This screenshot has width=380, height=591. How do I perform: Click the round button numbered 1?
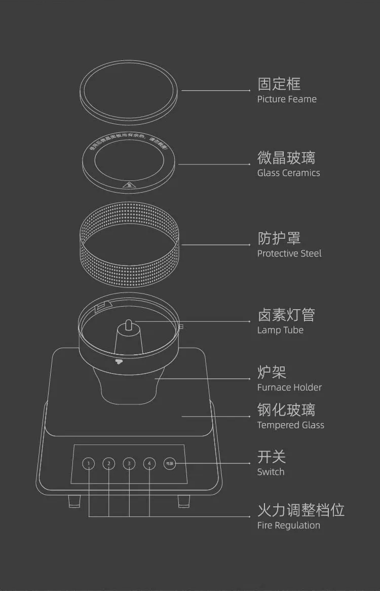(89, 463)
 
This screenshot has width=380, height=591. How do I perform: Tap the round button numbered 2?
(109, 463)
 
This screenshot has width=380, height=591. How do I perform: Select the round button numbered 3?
(129, 463)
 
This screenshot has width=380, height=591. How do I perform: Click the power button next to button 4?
(170, 463)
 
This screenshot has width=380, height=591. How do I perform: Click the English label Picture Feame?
(287, 99)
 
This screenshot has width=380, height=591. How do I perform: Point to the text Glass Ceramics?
(288, 173)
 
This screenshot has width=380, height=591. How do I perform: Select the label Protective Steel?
(289, 253)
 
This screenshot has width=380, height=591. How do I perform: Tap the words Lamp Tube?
(280, 330)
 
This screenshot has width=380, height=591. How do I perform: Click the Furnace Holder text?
(289, 387)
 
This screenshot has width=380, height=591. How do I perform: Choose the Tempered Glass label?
(290, 425)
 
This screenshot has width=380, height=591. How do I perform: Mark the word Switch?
(271, 472)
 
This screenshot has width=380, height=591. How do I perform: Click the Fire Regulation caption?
(288, 525)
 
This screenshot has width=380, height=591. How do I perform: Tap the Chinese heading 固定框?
(279, 84)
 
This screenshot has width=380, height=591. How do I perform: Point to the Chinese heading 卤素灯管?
(286, 315)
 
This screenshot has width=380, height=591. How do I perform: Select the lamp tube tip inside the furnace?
(129, 323)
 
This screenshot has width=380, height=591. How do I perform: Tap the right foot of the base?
(183, 501)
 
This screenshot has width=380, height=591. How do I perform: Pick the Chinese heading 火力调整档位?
(301, 510)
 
